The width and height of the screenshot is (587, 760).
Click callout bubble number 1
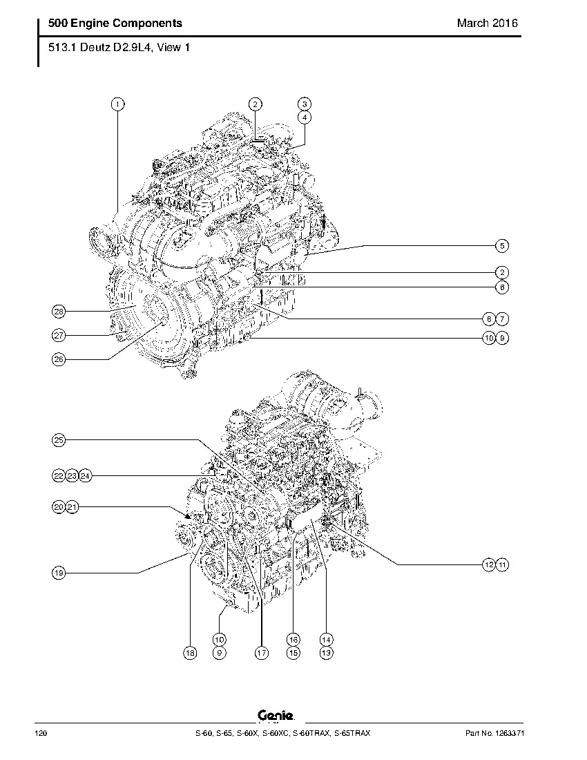[x=117, y=104]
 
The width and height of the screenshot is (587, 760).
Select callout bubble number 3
[x=304, y=104]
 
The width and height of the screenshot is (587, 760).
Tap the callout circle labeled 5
[x=502, y=246]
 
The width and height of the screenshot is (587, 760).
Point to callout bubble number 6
[x=502, y=287]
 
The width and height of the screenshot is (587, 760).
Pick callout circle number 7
[x=502, y=319]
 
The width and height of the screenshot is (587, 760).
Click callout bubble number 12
[x=489, y=564]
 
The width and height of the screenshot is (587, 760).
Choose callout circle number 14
[x=327, y=640]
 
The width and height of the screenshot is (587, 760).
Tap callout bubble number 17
[x=262, y=654]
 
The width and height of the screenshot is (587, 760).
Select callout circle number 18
[x=191, y=654]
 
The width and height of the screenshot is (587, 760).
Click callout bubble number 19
[x=59, y=573]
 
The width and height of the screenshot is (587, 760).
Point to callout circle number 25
[x=59, y=440]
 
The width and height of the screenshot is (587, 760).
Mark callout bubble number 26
[x=59, y=359]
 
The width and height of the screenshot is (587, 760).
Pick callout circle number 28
[x=59, y=311]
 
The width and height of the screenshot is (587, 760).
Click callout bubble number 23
[x=72, y=476]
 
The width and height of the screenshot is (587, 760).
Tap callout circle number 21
[x=72, y=507]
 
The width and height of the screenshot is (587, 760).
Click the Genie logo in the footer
[x=276, y=715]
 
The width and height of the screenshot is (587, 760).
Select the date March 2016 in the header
[x=488, y=23]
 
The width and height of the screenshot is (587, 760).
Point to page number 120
[x=41, y=733]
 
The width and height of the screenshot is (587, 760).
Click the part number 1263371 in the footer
[x=510, y=733]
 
